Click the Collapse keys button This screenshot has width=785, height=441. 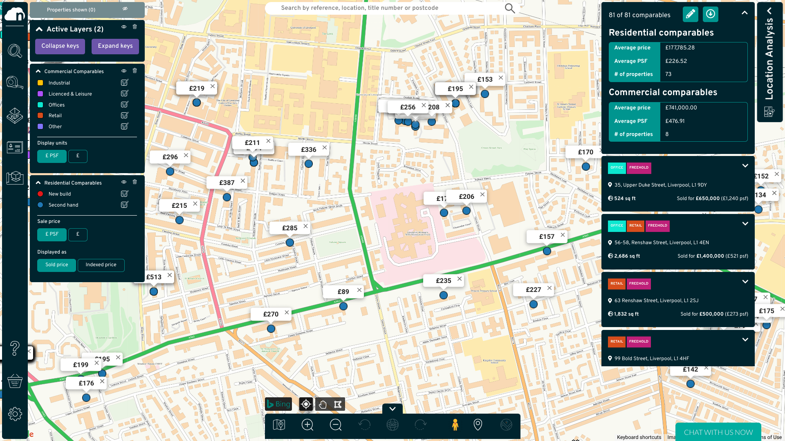point(60,46)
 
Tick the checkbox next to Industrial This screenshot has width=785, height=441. point(124,83)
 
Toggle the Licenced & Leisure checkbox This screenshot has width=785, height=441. point(124,94)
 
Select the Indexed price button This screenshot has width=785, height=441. point(101,265)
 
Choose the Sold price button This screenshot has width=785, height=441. point(56,265)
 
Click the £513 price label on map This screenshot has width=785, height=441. point(154,277)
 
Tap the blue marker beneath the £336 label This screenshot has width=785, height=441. point(309,164)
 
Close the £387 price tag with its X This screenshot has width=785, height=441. point(243,181)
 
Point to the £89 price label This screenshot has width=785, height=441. point(343,292)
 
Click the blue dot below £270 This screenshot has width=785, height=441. point(271,329)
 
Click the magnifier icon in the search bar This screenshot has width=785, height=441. point(509,8)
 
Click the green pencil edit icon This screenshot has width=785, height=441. point(690,14)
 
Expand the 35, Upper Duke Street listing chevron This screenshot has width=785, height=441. point(745,166)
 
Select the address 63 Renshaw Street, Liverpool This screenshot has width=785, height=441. point(656,301)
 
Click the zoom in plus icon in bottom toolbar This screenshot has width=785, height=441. point(307,425)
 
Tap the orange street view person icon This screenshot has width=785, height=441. point(455,425)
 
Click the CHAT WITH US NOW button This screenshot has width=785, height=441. point(718,432)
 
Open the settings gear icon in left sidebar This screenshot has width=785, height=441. point(15,414)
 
